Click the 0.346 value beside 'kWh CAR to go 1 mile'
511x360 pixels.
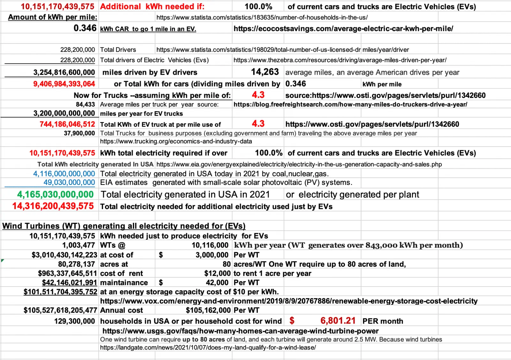point(85,28)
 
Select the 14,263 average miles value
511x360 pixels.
point(265,72)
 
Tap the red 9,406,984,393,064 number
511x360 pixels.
point(64,84)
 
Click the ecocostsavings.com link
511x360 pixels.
point(343,28)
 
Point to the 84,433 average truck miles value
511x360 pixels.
point(85,104)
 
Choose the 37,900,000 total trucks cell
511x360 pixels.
point(79,133)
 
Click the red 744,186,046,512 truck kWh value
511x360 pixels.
point(67,124)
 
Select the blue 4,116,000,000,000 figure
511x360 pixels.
point(64,174)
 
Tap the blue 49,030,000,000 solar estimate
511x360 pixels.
point(69,182)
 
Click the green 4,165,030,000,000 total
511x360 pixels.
point(55,195)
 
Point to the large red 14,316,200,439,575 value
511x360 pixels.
point(53,206)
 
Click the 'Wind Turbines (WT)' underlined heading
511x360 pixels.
point(124,226)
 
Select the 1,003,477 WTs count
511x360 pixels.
point(78,245)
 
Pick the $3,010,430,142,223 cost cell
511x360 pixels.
point(64,255)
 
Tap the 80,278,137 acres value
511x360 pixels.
point(76,264)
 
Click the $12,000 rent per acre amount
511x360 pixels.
point(217,273)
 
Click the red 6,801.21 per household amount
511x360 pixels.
point(338,321)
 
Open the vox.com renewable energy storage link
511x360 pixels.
point(289,301)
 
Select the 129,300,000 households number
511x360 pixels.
point(74,321)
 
